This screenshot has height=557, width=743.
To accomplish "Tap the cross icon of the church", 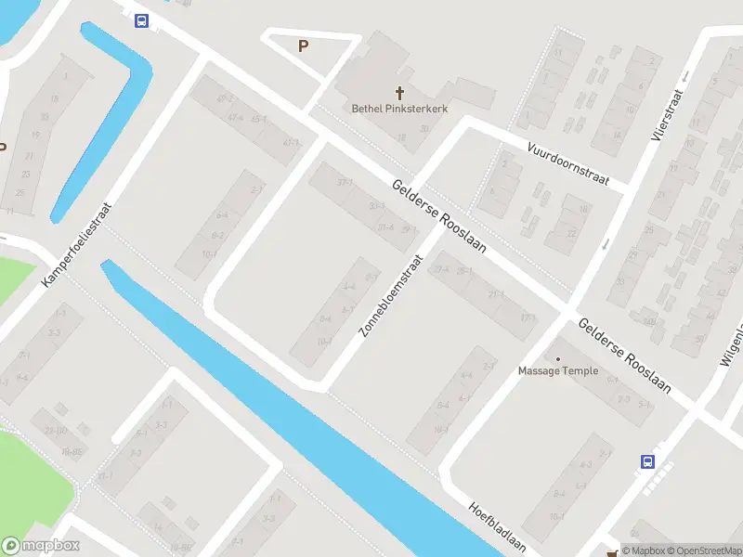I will tap(401, 93).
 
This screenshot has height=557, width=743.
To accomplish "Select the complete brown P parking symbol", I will tap(303, 45).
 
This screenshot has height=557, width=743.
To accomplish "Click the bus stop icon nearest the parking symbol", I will tap(141, 20).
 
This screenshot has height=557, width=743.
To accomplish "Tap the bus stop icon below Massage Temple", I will tap(647, 460).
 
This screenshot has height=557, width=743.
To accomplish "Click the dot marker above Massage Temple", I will tap(558, 358).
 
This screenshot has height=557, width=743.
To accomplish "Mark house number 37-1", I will tap(345, 182).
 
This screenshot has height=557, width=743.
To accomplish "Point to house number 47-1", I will tap(291, 143).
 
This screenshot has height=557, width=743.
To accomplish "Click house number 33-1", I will tap(376, 205).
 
